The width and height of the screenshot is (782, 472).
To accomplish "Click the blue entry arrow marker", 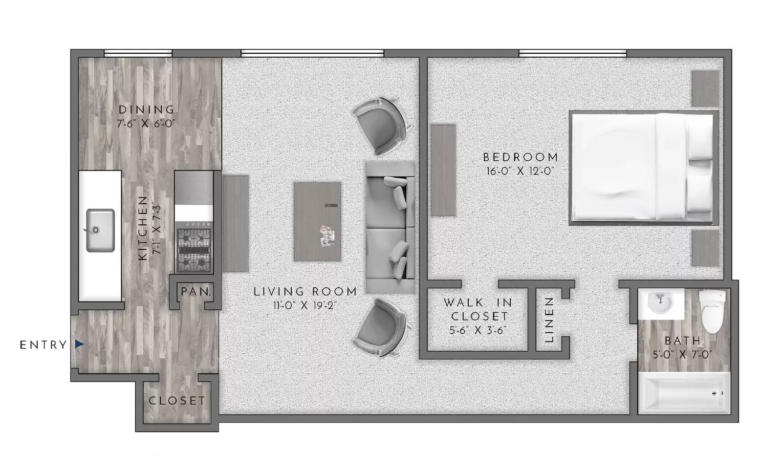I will coord(79,344).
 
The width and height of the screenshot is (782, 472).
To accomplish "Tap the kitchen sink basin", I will coord(100,230).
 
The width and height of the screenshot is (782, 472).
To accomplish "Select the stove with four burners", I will coord(194,251).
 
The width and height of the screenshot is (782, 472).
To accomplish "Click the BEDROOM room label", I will coord(520,157).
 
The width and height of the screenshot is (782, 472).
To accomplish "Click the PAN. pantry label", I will coord(195,292).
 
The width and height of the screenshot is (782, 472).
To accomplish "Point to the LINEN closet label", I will coord(549,320).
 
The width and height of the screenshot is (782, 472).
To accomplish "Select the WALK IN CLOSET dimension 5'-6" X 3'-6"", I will coord(478,330).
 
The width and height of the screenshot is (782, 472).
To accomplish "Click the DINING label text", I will coord(146,109).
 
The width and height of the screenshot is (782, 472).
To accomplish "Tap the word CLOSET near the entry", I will coord(177,401).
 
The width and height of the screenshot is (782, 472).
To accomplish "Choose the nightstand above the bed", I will coord(705,88).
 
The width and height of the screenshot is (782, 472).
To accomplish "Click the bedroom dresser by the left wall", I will coord(443,170).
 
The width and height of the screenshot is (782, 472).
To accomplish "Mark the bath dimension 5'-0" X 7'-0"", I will coord(682,354).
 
